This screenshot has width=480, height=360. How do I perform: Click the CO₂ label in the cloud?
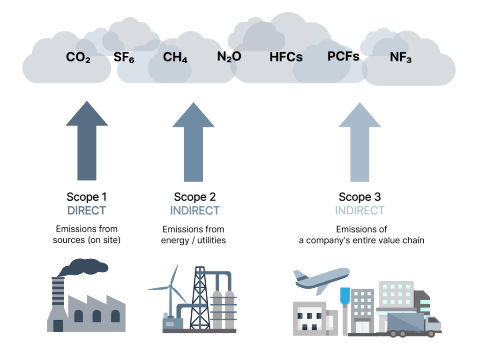click(78, 58)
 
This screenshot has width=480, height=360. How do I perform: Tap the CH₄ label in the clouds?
click(175, 58)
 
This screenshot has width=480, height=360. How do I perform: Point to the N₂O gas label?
click(229, 57)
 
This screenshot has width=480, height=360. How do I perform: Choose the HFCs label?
click(286, 58)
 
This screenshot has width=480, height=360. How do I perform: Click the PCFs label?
click(343, 56)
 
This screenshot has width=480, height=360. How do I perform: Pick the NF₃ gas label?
click(401, 58)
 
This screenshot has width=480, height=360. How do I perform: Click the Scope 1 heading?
click(87, 197)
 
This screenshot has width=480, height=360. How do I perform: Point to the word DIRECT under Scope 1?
click(87, 210)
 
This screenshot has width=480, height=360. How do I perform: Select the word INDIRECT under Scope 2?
click(195, 210)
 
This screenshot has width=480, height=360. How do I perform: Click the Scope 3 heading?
click(360, 197)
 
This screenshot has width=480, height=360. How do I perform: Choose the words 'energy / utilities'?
click(194, 240)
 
